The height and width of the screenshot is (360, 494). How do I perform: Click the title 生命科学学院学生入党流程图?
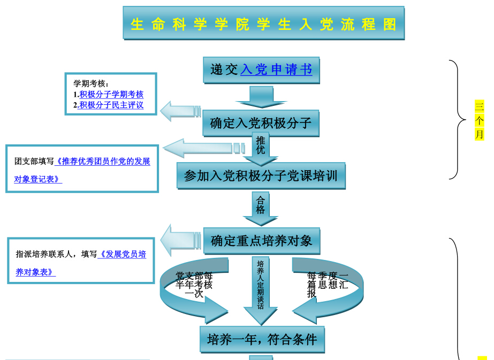pos(263,24)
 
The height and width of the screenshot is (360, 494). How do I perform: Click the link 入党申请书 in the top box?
pos(276,70)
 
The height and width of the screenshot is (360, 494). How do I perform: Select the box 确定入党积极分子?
pos(261,124)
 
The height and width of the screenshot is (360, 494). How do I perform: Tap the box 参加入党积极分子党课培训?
pos(261,176)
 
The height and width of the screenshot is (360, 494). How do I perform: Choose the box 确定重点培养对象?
pos(261,241)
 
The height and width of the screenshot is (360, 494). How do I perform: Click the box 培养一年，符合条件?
pos(262,339)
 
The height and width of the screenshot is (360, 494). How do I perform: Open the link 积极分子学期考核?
pos(111,94)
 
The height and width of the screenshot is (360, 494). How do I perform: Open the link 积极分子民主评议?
pos(111,105)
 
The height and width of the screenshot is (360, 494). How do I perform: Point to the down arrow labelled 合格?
pos(261,208)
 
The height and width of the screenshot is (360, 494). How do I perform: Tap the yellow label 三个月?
pos(480,120)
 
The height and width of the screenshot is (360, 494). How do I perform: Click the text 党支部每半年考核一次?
pos(194,284)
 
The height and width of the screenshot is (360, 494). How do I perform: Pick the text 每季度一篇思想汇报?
pos(327,284)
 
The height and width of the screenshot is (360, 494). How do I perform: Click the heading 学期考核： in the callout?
pos(91,84)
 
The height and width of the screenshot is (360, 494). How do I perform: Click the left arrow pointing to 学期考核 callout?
pos(179,111)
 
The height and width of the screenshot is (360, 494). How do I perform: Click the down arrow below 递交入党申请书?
pos(261,97)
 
